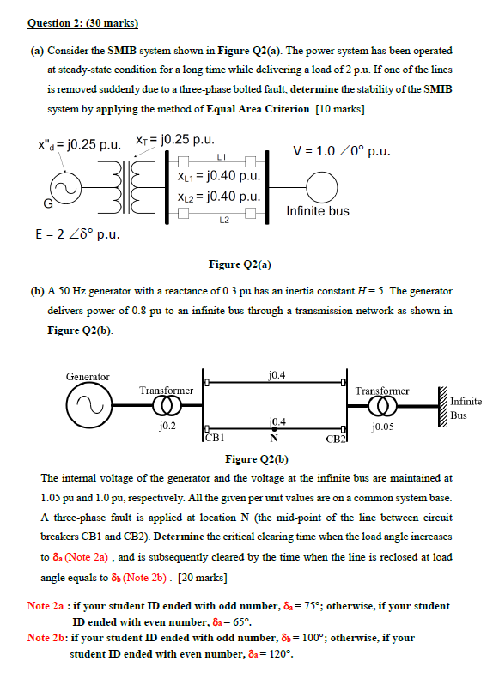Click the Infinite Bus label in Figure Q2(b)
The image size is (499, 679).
[466, 409]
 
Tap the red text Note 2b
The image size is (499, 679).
[47, 638]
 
